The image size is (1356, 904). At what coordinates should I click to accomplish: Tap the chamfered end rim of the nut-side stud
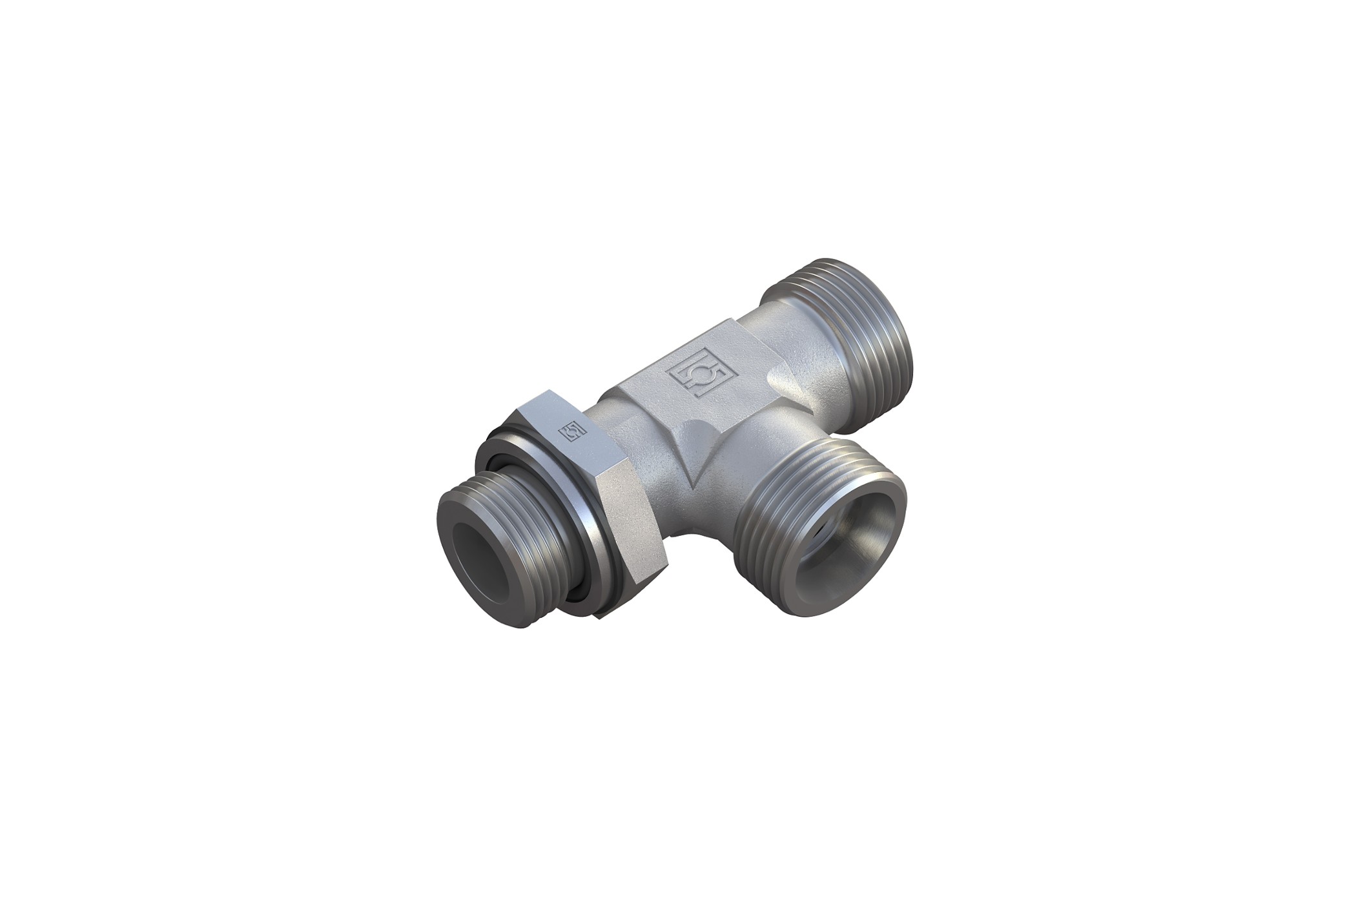click(452, 523)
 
